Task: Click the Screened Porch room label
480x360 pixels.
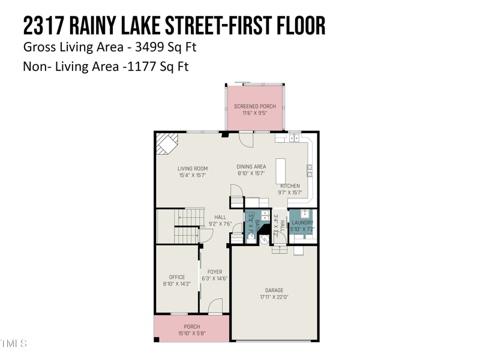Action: (255, 106)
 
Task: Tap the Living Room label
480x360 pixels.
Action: (193, 169)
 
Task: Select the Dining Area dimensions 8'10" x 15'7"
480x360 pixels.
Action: (251, 173)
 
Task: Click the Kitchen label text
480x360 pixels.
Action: (290, 186)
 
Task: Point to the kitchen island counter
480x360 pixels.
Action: (280, 171)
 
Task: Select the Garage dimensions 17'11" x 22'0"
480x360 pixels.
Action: (274, 297)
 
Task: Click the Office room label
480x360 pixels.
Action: (177, 277)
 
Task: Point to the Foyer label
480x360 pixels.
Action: (214, 272)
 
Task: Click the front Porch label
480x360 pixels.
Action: (192, 326)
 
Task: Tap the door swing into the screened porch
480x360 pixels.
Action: (245, 139)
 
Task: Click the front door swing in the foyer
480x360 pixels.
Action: (215, 307)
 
